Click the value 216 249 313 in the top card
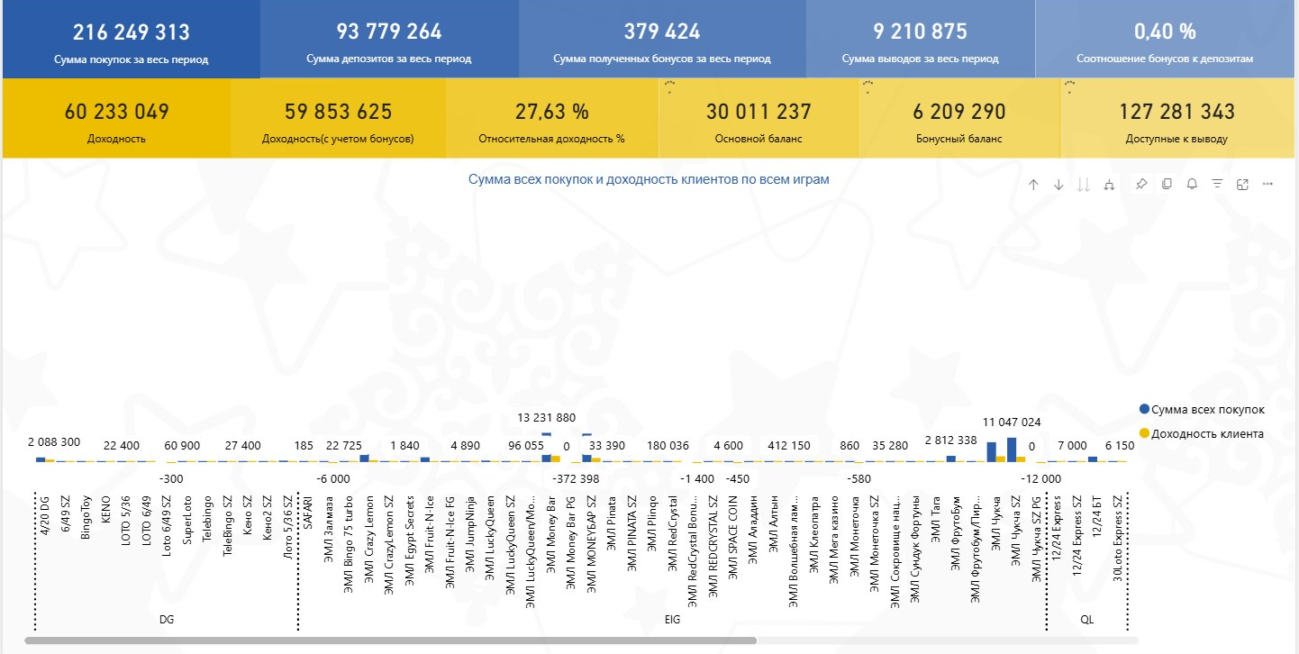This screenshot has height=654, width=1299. [x=132, y=32]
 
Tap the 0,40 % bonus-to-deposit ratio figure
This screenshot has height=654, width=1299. [x=1165, y=32]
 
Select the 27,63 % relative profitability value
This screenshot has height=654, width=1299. [x=551, y=113]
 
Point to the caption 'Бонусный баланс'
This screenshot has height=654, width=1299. [x=958, y=140]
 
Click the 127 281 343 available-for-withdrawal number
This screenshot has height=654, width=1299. [x=1176, y=113]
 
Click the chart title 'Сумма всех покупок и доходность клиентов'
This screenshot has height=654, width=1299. [x=649, y=179]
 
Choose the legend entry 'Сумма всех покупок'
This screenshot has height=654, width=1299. [x=1207, y=409]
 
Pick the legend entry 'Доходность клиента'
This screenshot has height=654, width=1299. [x=1207, y=433]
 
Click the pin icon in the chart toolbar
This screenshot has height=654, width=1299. [x=1141, y=184]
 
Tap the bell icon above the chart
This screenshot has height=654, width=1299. [x=1192, y=184]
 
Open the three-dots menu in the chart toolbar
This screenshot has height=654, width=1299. [x=1267, y=184]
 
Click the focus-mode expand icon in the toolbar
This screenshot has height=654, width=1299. [x=1242, y=184]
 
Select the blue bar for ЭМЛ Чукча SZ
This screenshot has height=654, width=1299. [x=1012, y=450]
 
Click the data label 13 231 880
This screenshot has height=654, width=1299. [x=547, y=417]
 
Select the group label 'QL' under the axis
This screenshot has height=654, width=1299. [x=1086, y=620]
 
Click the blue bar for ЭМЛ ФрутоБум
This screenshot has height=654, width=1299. [x=951, y=459]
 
